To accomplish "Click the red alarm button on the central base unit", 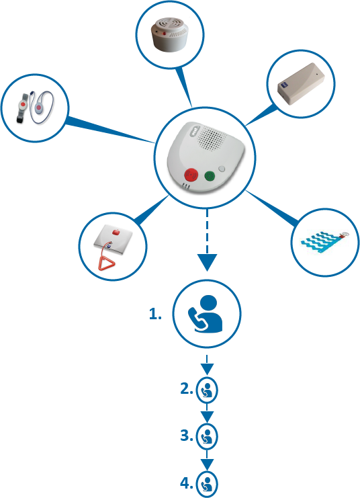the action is point(191,175).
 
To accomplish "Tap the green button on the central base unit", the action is point(210,175).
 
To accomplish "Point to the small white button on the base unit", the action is point(222,168).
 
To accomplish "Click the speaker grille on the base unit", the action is point(212,138).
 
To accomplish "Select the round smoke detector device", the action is point(170,34).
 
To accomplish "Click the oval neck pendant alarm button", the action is point(39,108).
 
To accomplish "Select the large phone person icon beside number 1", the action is point(206,315).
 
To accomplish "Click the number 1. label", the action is point(155,314).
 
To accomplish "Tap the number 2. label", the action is point(187,388).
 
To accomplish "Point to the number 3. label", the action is point(187,435).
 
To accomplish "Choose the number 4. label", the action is point(187,483).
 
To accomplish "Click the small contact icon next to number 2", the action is point(207,390).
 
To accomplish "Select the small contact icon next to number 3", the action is point(207,436).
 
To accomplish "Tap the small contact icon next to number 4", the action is point(207,484).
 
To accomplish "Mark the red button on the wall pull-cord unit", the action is point(116,233).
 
